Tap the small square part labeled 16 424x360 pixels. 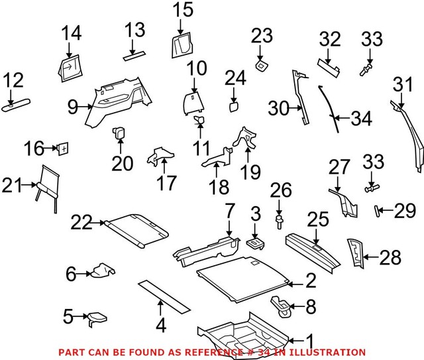click(63, 148)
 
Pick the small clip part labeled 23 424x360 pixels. click(262, 65)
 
